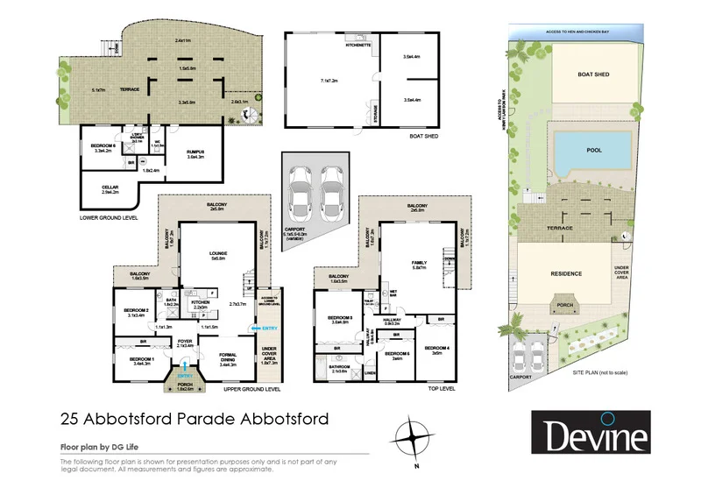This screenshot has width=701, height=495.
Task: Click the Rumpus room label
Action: (195, 152)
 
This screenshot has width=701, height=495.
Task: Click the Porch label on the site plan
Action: (560, 306)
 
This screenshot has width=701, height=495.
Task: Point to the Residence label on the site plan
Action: (565, 273)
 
